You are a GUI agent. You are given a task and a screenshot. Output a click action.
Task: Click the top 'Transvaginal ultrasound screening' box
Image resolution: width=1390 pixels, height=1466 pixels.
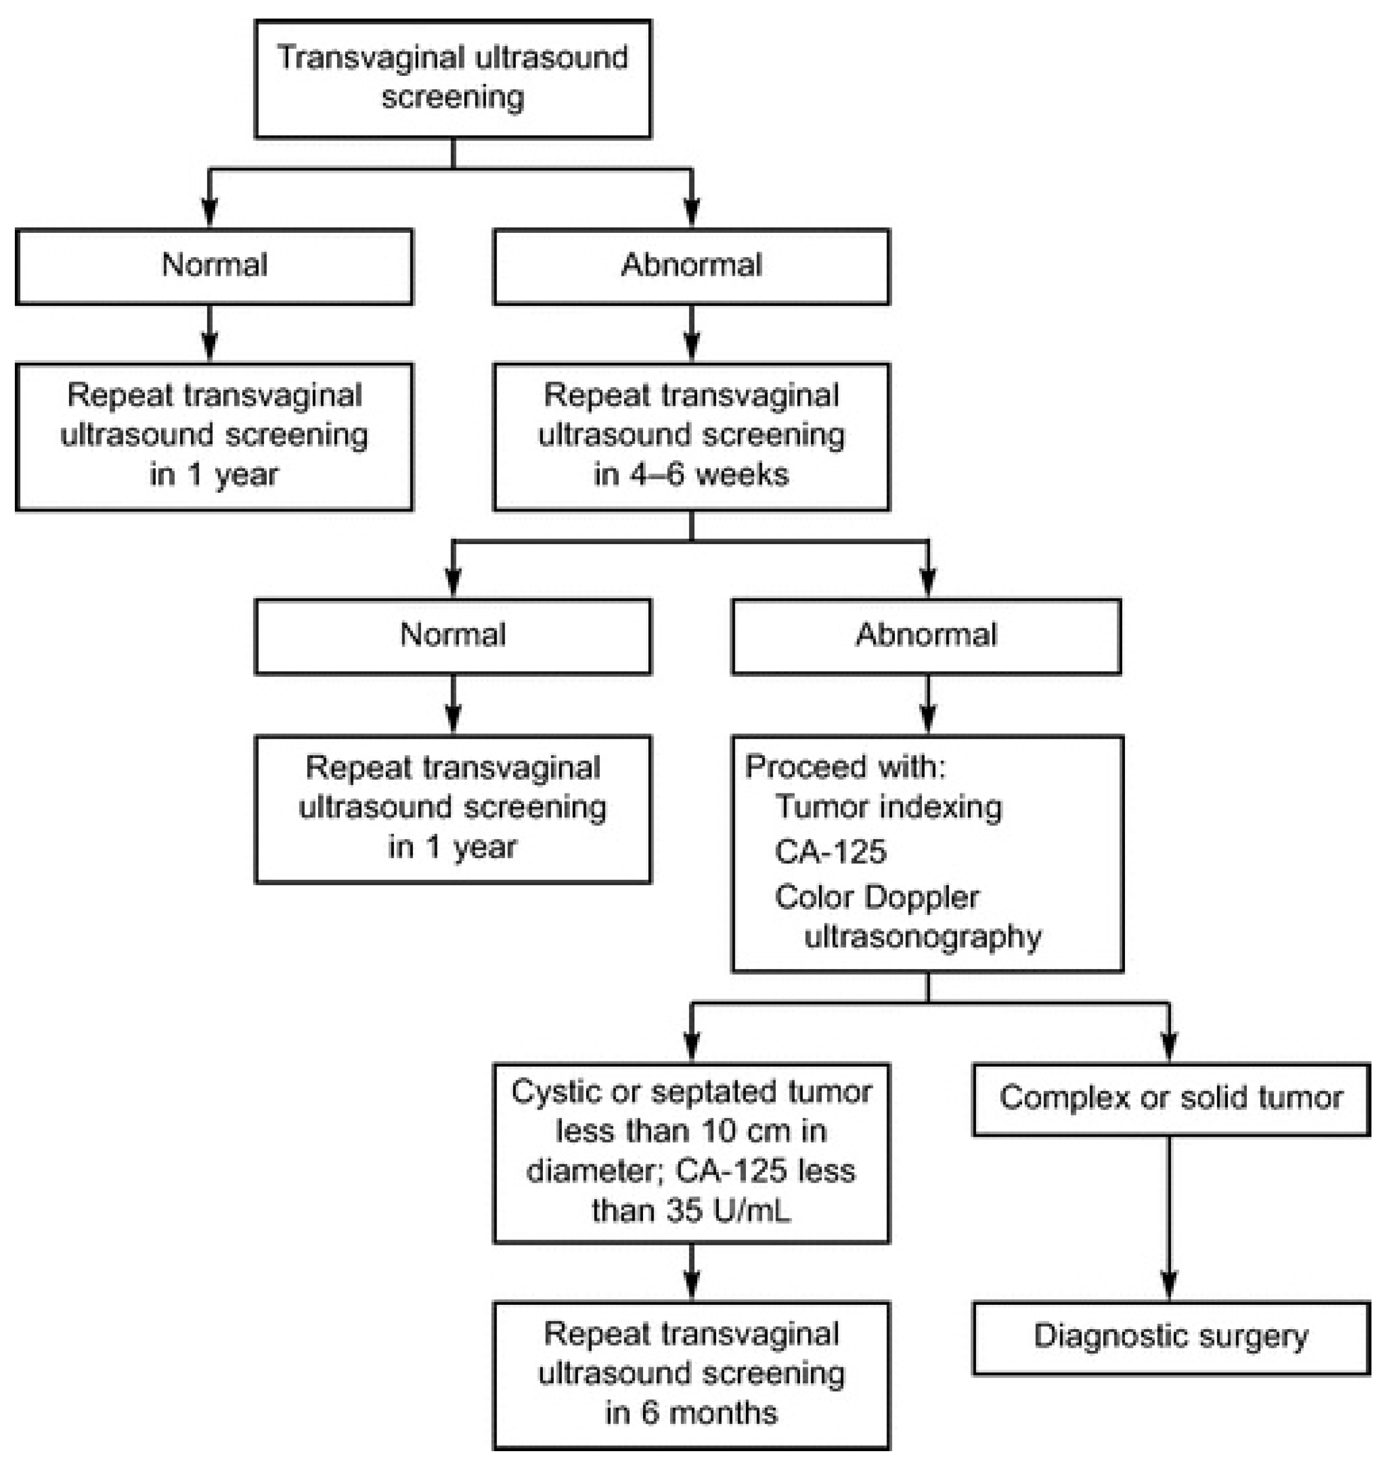point(452,78)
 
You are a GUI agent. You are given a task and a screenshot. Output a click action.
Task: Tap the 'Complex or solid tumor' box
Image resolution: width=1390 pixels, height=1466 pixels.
point(1170,1098)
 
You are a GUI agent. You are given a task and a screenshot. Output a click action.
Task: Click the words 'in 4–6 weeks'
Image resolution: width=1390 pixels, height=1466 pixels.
point(691,474)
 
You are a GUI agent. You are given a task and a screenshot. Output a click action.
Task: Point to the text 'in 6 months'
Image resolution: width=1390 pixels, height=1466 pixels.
point(691,1412)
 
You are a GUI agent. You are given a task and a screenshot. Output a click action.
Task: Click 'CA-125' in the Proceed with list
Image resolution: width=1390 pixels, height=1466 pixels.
point(830,852)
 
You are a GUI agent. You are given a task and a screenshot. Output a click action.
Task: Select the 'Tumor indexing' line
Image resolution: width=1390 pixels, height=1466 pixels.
point(887,807)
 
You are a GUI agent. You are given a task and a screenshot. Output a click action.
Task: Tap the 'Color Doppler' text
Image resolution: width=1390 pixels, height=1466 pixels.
point(876,897)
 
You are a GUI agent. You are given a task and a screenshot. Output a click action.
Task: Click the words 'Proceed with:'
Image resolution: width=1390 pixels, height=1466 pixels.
point(844,766)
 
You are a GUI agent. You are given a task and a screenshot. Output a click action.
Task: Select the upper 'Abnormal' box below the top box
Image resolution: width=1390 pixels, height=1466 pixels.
point(691,265)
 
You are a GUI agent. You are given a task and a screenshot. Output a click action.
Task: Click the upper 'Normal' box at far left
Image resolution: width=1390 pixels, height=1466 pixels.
point(214,265)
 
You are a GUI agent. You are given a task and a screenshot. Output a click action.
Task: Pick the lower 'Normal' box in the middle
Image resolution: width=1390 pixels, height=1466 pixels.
point(452,636)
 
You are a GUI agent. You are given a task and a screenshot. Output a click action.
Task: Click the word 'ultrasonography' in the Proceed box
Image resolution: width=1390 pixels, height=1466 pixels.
point(922,938)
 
